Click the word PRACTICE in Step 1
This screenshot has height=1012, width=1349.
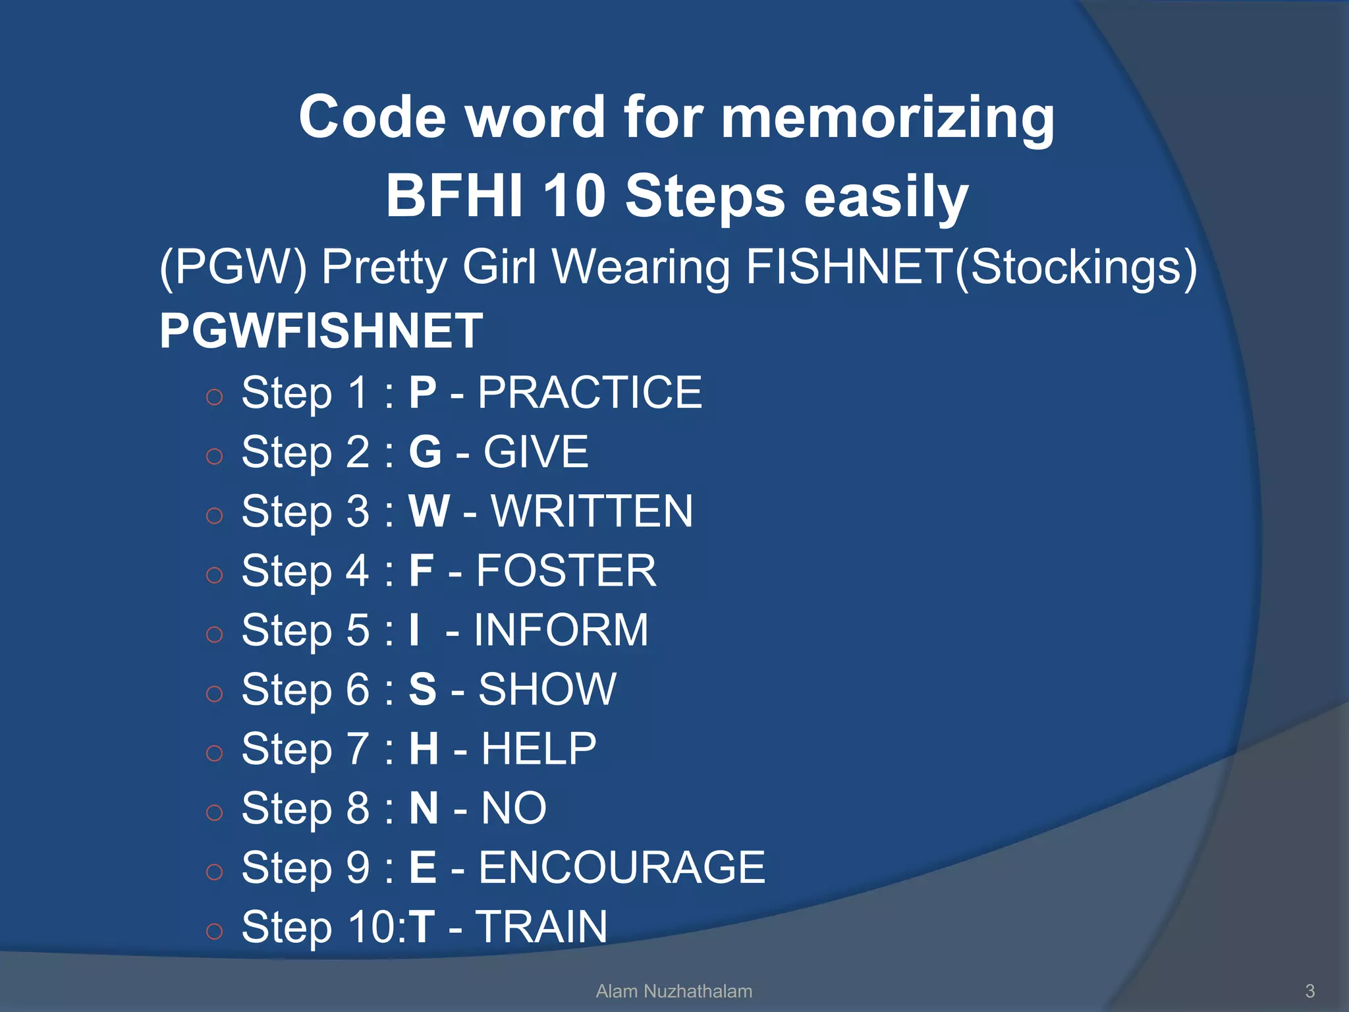coord(590,393)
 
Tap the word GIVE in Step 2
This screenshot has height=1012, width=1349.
coord(536,452)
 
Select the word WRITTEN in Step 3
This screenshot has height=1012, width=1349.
coord(592,511)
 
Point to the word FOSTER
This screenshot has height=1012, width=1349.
coord(566,571)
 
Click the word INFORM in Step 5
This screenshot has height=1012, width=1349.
coord(561,630)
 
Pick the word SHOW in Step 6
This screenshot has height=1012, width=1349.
coord(547,689)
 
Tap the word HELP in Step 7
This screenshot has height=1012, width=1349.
coord(539,748)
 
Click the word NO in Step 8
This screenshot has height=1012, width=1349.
coord(514,808)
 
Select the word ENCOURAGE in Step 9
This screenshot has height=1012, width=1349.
coord(621,867)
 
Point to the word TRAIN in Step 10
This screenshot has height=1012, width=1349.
coord(541,926)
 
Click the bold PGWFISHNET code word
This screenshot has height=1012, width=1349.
coord(321,331)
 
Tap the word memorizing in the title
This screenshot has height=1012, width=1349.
coord(887,117)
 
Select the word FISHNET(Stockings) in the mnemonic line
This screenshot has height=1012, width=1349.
coord(971,267)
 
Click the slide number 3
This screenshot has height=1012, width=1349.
coord(1309,991)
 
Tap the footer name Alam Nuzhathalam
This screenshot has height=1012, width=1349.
coord(674,991)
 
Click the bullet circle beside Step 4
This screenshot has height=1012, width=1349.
coord(214,575)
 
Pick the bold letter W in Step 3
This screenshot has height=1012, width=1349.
coord(429,511)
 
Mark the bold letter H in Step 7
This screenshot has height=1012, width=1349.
coord(424,748)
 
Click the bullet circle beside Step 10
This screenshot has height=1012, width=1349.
coord(214,931)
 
